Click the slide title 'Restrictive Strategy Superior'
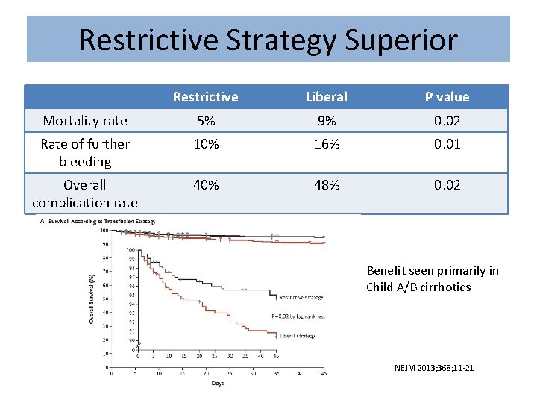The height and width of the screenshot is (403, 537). click(x=268, y=40)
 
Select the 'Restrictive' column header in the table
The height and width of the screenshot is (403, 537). click(x=205, y=97)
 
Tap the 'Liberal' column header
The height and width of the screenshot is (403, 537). click(x=326, y=97)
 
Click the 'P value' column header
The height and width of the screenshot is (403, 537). click(x=447, y=97)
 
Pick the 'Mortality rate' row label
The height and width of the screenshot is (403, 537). click(x=85, y=121)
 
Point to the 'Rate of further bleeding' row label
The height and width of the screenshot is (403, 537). click(x=85, y=153)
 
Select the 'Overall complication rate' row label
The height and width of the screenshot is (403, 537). click(x=85, y=193)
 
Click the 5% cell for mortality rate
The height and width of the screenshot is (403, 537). click(x=205, y=121)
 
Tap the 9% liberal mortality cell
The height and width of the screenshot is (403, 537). click(x=326, y=121)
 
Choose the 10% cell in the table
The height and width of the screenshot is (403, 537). click(x=205, y=144)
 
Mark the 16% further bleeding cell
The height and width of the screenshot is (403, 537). click(x=326, y=144)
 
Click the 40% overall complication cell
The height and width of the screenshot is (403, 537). click(x=205, y=185)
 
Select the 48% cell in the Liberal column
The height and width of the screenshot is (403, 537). click(x=326, y=185)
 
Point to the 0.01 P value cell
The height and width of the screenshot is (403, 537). click(x=447, y=144)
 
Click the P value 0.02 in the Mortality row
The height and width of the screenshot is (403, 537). click(x=447, y=121)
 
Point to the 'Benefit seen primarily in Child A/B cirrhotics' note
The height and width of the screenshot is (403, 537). click(x=433, y=278)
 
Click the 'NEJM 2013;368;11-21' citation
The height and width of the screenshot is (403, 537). click(x=433, y=368)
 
